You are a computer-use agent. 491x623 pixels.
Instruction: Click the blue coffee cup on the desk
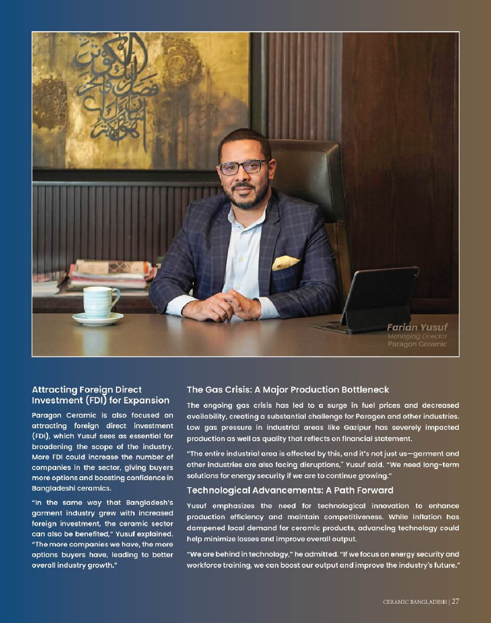click(99, 302)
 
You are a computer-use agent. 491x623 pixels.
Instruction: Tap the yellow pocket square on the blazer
click(285, 262)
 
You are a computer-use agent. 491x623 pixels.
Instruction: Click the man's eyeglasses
click(244, 166)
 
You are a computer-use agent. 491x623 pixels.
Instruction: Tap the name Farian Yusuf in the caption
click(417, 327)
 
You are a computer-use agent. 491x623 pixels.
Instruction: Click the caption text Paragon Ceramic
click(417, 344)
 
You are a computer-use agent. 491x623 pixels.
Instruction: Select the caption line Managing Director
click(417, 336)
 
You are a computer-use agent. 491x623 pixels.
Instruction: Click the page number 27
click(455, 601)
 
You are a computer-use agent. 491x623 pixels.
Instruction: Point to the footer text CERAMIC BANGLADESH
click(415, 602)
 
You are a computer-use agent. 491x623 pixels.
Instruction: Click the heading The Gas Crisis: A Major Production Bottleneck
click(288, 389)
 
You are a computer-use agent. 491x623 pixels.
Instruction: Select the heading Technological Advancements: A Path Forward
click(290, 490)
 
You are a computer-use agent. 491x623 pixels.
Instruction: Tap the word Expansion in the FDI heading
click(146, 400)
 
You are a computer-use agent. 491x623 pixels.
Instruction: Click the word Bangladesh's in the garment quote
click(149, 502)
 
